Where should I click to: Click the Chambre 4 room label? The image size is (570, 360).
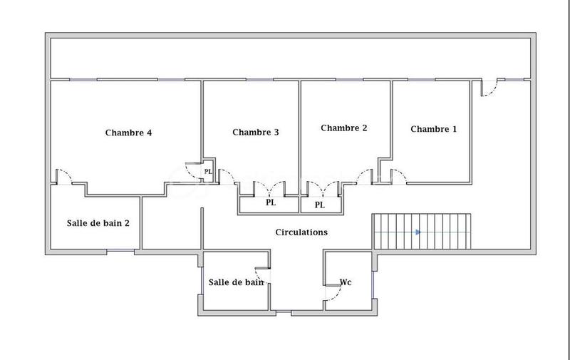[128, 132]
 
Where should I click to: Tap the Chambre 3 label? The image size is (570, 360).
[255, 132]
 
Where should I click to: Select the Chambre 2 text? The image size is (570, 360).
[344, 128]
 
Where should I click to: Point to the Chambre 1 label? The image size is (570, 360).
[434, 129]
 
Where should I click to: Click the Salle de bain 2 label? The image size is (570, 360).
[98, 222]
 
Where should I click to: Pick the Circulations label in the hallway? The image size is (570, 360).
[301, 232]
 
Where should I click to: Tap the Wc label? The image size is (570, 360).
[346, 282]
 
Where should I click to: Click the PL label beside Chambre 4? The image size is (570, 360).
[208, 171]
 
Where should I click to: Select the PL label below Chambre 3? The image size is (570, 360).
[271, 202]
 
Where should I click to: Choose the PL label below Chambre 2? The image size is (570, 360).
[320, 205]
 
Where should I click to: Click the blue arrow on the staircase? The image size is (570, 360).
[418, 232]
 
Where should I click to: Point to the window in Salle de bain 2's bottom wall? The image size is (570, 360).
[120, 251]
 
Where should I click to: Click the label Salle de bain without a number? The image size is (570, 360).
[236, 282]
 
